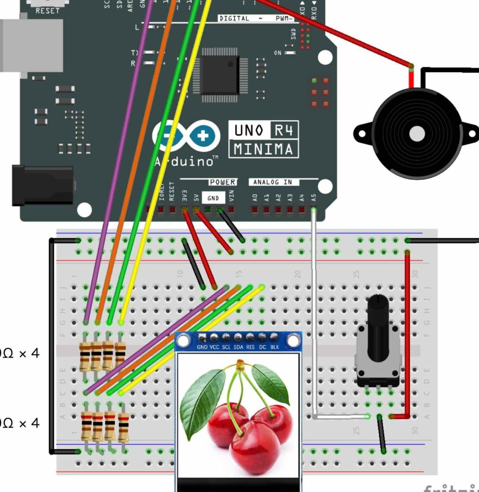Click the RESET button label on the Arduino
click(x=48, y=11)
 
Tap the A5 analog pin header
click(x=314, y=209)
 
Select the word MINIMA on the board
click(x=263, y=149)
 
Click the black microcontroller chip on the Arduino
click(x=220, y=75)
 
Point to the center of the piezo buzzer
click(x=416, y=133)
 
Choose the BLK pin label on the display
click(x=274, y=346)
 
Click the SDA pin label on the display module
click(x=238, y=346)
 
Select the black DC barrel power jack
click(x=43, y=185)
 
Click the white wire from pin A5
click(x=314, y=312)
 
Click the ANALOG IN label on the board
click(x=273, y=183)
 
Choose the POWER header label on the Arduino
click(x=222, y=183)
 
